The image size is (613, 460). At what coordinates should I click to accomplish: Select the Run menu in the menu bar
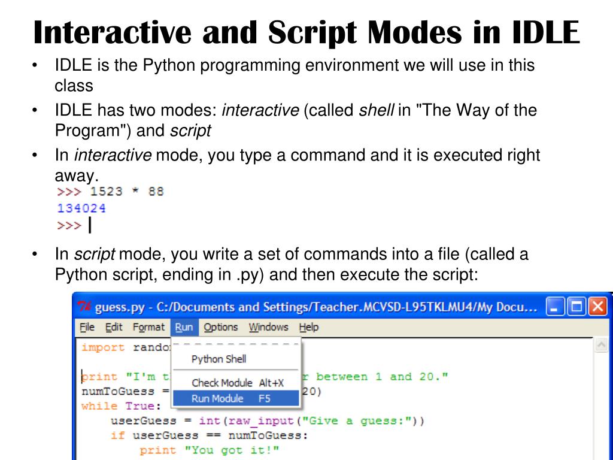pyautogui.click(x=184, y=327)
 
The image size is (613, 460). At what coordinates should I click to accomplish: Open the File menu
pyautogui.click(x=87, y=327)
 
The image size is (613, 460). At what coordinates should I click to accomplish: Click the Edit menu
pyautogui.click(x=114, y=327)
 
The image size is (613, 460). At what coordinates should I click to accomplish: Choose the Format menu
pyautogui.click(x=148, y=327)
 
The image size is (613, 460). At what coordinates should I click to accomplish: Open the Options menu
pyautogui.click(x=220, y=327)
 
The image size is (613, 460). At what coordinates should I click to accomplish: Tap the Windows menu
pyautogui.click(x=268, y=327)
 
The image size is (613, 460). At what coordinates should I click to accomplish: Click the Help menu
pyautogui.click(x=309, y=327)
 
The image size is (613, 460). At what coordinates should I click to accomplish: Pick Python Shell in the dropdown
pyautogui.click(x=219, y=359)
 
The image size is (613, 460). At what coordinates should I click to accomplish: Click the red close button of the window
pyautogui.click(x=597, y=307)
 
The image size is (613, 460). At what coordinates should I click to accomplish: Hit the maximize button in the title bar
pyautogui.click(x=576, y=307)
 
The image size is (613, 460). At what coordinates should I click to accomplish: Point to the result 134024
pyautogui.click(x=81, y=208)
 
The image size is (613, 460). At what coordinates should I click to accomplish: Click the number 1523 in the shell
pyautogui.click(x=106, y=192)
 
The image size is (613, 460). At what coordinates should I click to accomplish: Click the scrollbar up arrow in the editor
pyautogui.click(x=601, y=346)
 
